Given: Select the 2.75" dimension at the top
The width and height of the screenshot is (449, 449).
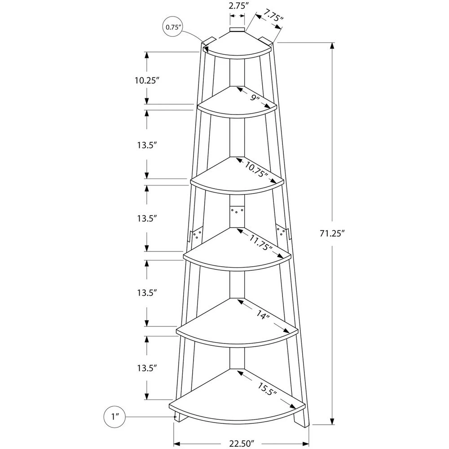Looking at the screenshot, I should click(238, 6).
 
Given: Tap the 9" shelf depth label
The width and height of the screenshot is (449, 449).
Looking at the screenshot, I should click(255, 98).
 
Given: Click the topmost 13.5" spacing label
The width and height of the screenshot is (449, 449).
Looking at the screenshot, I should click(147, 145).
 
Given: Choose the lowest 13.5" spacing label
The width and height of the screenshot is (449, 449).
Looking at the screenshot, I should click(147, 368).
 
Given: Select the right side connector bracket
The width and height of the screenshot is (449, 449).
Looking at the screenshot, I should click(282, 231).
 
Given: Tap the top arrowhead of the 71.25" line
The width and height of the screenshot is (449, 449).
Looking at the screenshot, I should click(333, 45).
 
